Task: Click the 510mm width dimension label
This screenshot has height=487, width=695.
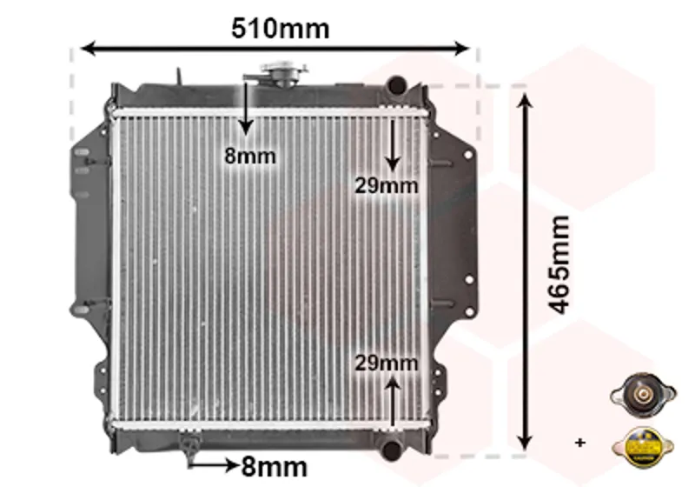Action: click(x=280, y=29)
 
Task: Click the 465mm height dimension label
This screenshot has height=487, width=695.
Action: click(x=558, y=264)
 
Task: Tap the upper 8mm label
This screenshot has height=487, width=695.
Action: click(x=250, y=156)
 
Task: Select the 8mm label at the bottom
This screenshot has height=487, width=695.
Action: click(x=275, y=467)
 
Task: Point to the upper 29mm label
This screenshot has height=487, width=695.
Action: click(x=386, y=185)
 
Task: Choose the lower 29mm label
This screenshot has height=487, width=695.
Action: click(x=386, y=364)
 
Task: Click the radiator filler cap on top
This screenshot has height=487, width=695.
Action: click(x=284, y=73)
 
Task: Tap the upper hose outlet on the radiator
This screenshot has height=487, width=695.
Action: click(x=396, y=84)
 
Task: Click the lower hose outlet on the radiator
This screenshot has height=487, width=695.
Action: click(x=392, y=449)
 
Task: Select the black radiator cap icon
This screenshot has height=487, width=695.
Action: click(x=643, y=395)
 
